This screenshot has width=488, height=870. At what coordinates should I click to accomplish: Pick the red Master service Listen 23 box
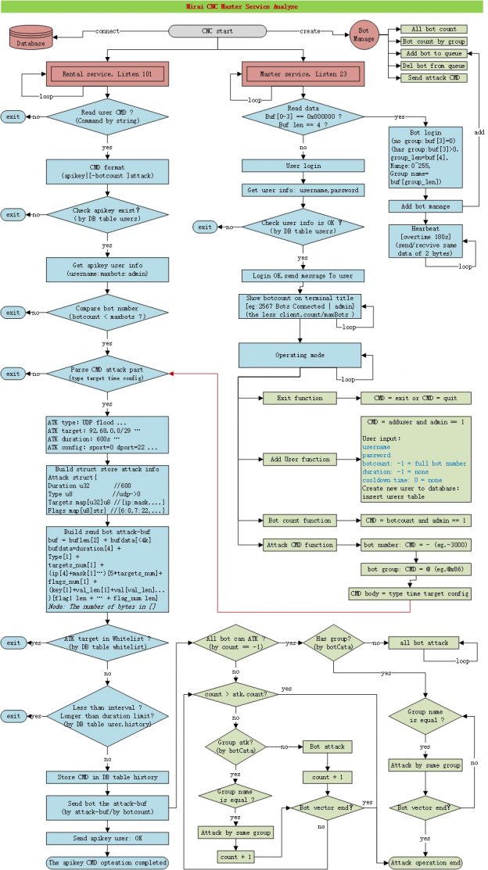[301, 74]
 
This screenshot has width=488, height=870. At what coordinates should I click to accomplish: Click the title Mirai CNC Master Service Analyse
[243, 7]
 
